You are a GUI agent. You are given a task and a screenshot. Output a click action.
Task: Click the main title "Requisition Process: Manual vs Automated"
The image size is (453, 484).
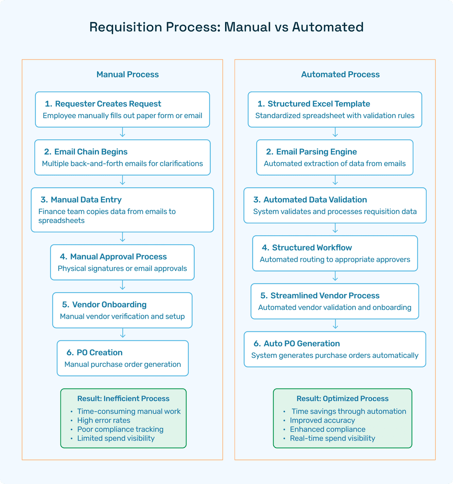tap(226, 27)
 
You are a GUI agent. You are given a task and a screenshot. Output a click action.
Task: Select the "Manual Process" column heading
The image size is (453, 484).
tap(127, 74)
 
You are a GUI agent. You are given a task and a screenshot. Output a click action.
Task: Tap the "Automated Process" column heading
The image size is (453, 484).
tap(340, 74)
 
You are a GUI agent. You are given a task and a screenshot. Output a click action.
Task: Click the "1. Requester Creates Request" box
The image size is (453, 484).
tap(122, 110)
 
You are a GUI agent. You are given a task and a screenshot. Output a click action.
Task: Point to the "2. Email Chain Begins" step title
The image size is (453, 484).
tap(86, 152)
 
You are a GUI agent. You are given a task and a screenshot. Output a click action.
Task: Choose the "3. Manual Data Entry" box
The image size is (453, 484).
tap(122, 210)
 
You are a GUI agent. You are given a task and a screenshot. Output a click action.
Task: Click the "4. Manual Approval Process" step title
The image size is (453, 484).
tap(113, 257)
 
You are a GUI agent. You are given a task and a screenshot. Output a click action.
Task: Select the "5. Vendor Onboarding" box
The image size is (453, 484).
tap(122, 310)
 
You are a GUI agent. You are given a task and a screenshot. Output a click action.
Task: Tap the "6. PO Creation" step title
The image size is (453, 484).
tap(94, 353)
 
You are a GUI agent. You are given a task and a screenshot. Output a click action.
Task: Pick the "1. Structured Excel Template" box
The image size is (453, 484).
tap(335, 110)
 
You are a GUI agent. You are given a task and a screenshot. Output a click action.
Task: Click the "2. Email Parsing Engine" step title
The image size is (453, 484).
tap(311, 152)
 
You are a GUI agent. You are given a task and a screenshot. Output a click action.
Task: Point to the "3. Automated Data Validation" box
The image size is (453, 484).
tap(335, 205)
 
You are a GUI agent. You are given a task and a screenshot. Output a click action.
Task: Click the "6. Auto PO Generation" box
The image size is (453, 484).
tap(335, 349)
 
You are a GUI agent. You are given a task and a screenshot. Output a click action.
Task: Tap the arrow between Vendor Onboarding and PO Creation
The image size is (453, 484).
tap(123, 334)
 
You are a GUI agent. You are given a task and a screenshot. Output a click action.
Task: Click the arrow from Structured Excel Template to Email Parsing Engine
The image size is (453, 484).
tap(335, 133)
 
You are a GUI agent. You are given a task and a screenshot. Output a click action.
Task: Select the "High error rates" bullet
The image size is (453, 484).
tap(104, 420)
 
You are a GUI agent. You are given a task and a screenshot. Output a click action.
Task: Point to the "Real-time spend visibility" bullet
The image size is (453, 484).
tap(332, 438)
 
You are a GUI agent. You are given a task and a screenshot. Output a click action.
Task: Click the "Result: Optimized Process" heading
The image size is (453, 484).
tap(343, 398)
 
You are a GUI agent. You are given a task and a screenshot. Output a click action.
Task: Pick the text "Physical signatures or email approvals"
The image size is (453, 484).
tap(122, 268)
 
